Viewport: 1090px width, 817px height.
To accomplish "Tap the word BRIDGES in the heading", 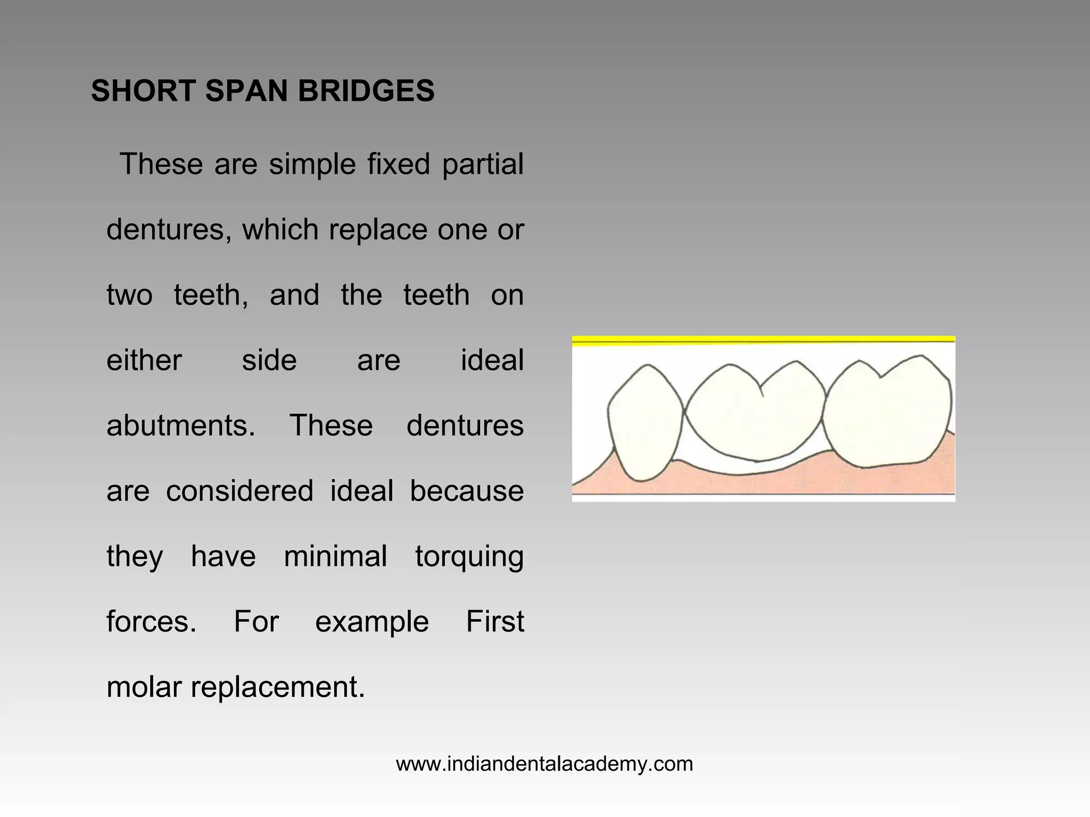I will point(366,91).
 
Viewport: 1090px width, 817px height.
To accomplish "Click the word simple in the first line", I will point(312,164).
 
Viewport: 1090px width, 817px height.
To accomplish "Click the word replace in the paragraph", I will point(378,230).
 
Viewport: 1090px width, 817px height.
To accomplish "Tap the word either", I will point(144,361).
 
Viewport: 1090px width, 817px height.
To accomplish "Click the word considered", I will point(240,491).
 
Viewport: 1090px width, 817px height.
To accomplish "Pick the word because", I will point(466,491).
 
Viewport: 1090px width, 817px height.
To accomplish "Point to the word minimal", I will point(335,556).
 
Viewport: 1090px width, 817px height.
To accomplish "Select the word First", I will point(495,621).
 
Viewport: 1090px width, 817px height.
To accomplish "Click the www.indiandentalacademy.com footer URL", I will point(544,764).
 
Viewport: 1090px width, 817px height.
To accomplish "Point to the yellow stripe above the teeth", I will point(763,341).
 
